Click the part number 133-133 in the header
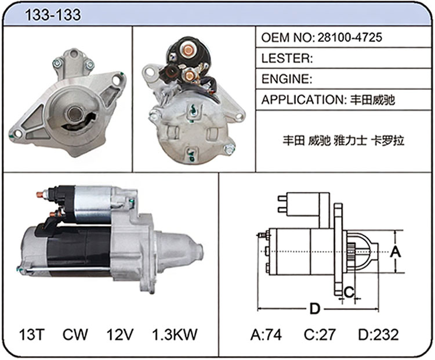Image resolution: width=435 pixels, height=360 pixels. [x=53, y=14]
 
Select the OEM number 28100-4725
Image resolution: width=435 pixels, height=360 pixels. [x=350, y=38]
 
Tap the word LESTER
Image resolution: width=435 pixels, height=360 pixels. [x=285, y=58]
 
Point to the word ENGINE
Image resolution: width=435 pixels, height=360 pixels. [x=285, y=79]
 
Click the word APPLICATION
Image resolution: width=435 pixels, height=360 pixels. [x=302, y=100]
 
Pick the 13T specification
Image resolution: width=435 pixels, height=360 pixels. [x=32, y=334]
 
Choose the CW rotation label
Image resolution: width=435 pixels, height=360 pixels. [x=75, y=334]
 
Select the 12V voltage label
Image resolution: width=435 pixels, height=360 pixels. [x=120, y=334]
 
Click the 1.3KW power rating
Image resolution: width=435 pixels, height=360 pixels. [x=175, y=334]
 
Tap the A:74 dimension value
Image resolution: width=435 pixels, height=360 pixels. [x=266, y=334]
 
